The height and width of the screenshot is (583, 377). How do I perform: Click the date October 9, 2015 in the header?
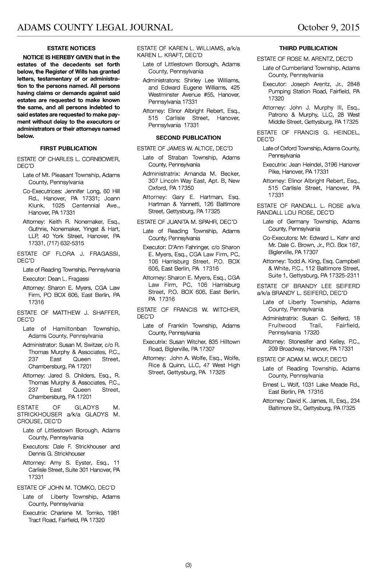(328, 28)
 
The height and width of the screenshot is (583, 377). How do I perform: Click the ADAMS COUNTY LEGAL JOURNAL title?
(95, 28)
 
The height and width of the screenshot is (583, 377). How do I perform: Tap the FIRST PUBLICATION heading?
(68, 148)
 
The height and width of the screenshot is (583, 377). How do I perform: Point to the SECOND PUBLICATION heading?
(188, 138)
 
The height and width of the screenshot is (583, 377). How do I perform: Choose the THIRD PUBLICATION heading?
(308, 48)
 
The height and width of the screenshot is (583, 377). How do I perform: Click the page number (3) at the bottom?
(188, 565)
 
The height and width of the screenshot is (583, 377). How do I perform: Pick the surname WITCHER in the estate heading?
(226, 310)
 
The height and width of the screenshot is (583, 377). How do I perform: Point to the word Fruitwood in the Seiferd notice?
(282, 326)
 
